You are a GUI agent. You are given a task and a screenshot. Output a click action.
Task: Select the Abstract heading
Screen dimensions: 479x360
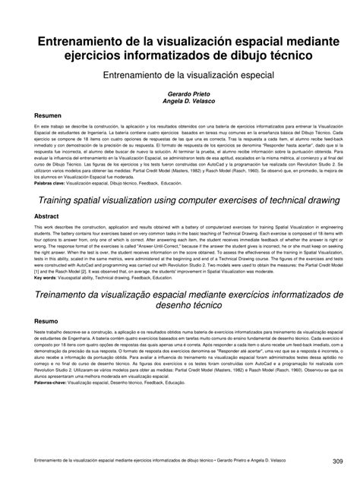coord(40,216)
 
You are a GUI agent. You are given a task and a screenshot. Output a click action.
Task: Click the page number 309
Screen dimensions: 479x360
coord(339,462)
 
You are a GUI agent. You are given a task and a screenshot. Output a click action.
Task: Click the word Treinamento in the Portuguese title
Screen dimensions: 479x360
coord(63,293)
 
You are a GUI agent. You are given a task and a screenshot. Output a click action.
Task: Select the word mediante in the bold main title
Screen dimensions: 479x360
coord(299,43)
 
